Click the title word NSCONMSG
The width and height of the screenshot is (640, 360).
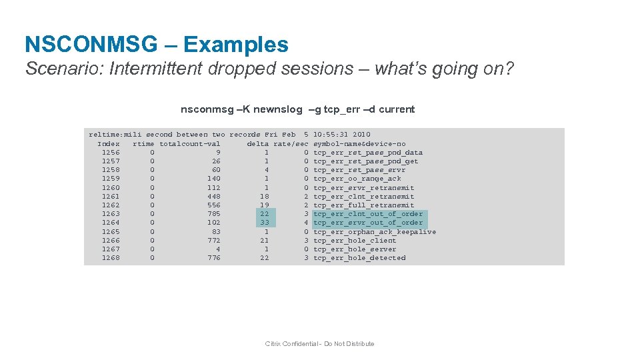pyautogui.click(x=91, y=45)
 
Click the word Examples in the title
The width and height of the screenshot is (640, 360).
pyautogui.click(x=236, y=45)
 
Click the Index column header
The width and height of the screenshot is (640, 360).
pyautogui.click(x=109, y=143)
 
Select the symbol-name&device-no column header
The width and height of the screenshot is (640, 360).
pyautogui.click(x=359, y=143)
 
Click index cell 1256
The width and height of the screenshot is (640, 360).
pyautogui.click(x=111, y=152)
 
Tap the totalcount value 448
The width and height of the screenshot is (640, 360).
pyautogui.click(x=213, y=196)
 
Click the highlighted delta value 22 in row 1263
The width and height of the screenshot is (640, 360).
pyautogui.click(x=265, y=214)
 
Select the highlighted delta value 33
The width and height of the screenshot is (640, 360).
pyautogui.click(x=265, y=223)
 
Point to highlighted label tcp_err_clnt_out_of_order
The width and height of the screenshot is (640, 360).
pyautogui.click(x=368, y=214)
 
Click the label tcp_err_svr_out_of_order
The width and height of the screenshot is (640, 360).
pyautogui.click(x=368, y=223)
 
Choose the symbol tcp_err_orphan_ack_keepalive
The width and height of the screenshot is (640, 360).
pyautogui.click(x=375, y=231)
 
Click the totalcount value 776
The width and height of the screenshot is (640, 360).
pyautogui.click(x=213, y=258)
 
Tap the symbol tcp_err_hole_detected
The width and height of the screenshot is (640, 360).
pyautogui.click(x=359, y=258)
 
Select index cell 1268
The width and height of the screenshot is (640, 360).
pyautogui.click(x=111, y=258)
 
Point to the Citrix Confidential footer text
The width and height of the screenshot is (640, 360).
pyautogui.click(x=319, y=344)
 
